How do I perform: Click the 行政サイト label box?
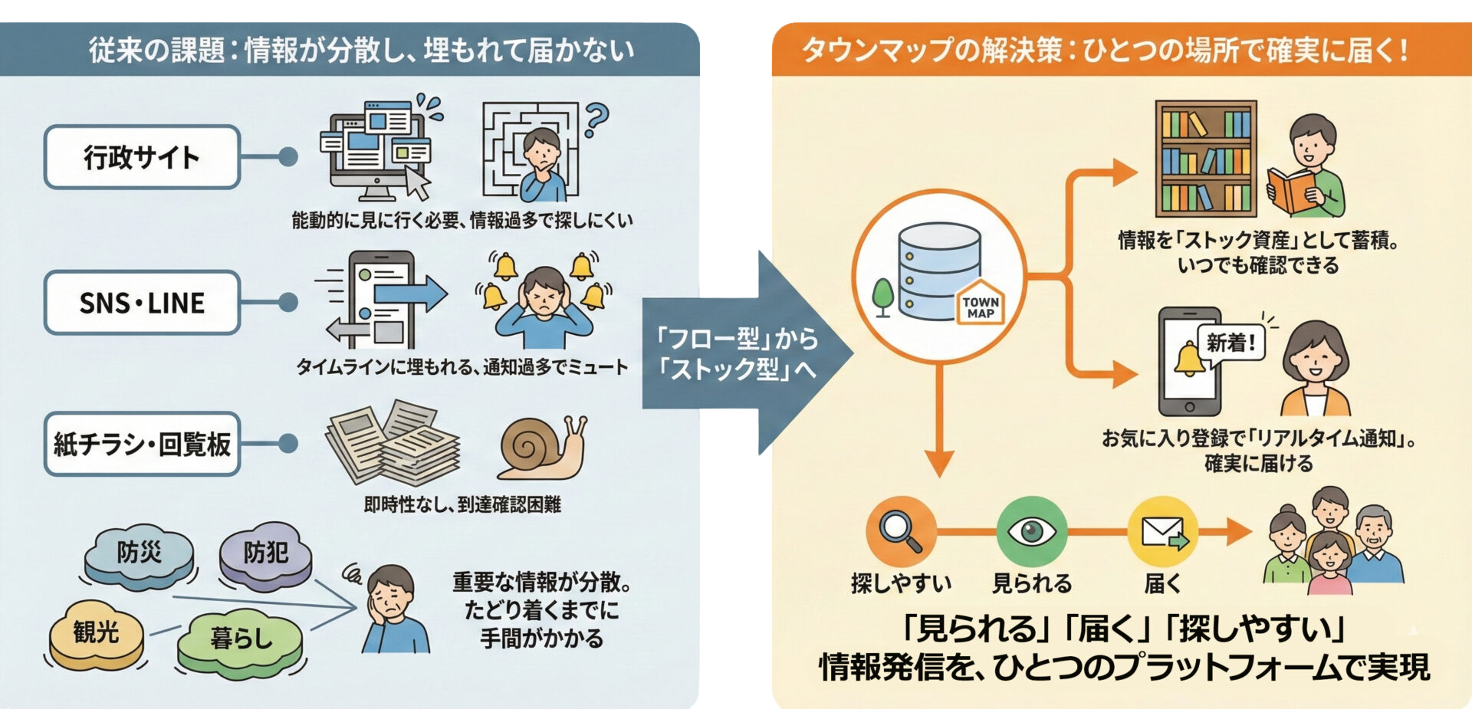point(142,157)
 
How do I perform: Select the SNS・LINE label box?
point(142,303)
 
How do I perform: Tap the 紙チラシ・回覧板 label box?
point(142,444)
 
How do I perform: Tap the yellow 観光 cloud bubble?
point(97,633)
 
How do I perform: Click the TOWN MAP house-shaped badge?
point(981,306)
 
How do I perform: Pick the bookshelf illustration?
point(1206,159)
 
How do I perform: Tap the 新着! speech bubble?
point(1231,343)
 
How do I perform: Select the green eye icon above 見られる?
point(1031,530)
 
